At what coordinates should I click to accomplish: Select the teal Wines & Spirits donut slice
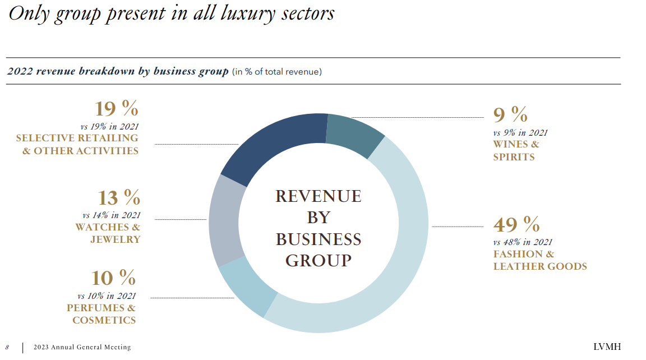coord(353,135)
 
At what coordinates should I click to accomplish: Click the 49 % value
coord(516,225)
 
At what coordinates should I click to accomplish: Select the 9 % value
coord(510,115)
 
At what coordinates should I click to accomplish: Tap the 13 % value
coord(118,197)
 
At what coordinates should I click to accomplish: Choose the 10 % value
coord(113,278)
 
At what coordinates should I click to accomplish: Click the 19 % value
coord(116,108)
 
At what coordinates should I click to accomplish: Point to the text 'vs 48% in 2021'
coord(523,242)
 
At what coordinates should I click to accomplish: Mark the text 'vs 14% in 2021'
coord(111,215)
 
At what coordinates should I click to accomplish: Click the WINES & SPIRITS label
coord(516,151)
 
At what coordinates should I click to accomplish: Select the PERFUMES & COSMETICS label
coord(101,314)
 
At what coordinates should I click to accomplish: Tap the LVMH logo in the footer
coord(607,347)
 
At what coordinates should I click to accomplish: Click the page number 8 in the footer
coord(7,347)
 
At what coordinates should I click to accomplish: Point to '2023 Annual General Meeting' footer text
coord(82,347)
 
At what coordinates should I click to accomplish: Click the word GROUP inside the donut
coord(318,261)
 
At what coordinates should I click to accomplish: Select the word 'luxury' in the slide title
coord(222,13)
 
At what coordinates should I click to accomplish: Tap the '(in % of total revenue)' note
coord(276,72)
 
